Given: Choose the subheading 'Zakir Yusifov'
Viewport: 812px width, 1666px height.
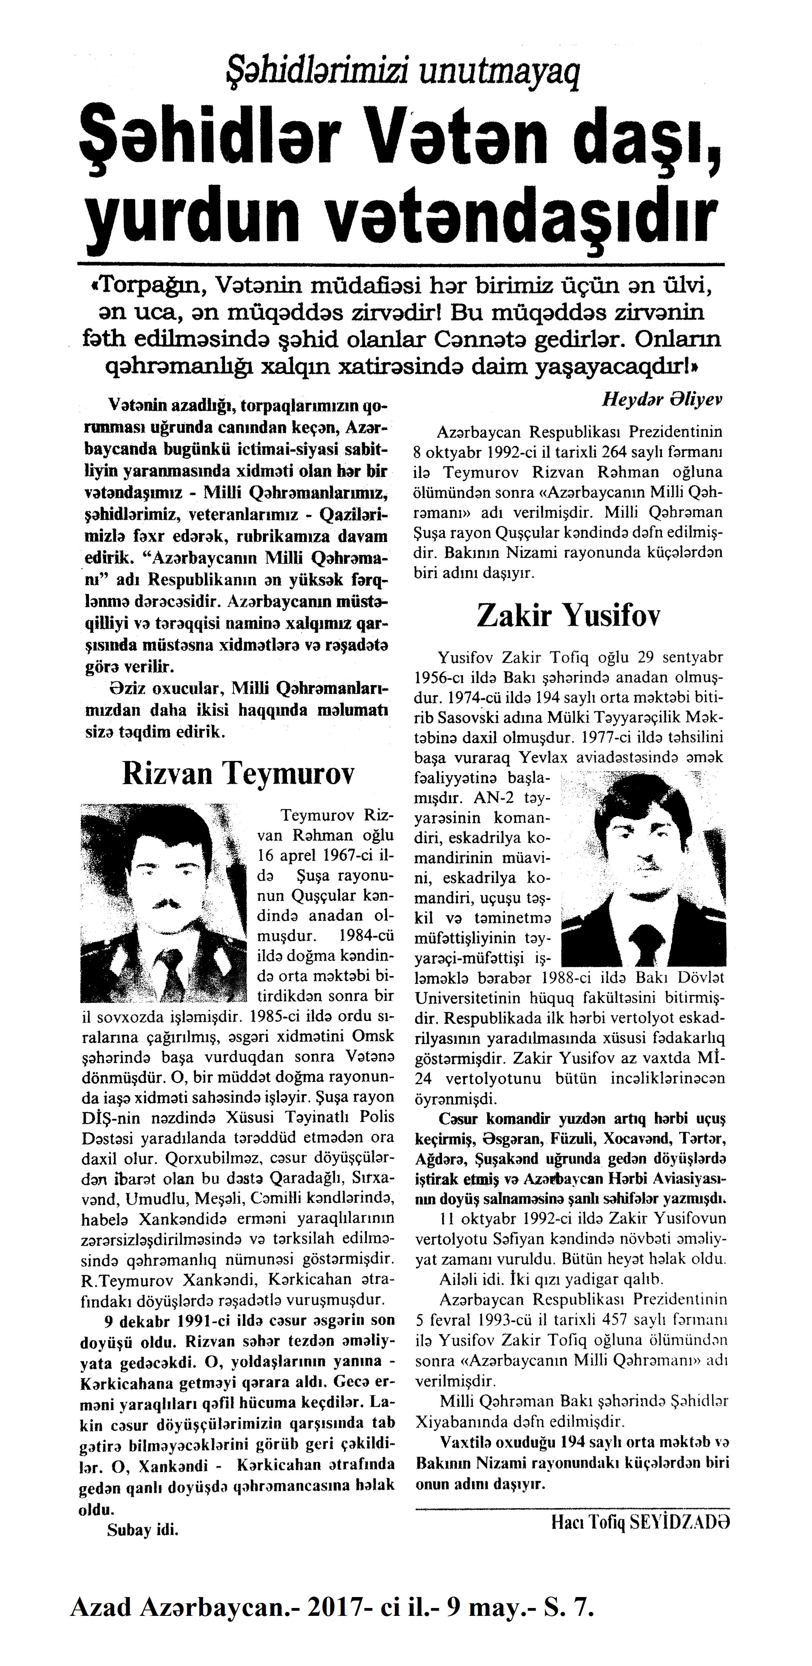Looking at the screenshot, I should (x=569, y=615).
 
